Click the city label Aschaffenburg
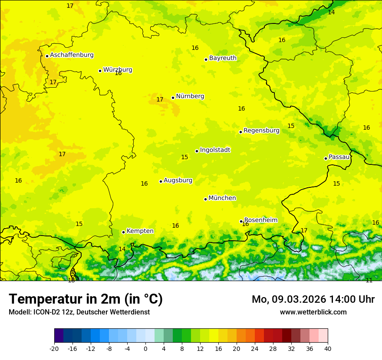(x=72, y=55)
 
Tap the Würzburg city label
(x=118, y=70)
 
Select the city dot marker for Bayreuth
(x=206, y=59)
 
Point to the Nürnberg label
(x=190, y=96)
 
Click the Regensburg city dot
(x=240, y=132)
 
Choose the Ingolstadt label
(x=215, y=150)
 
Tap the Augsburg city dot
(x=161, y=181)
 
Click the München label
(x=222, y=198)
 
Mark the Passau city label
(x=339, y=157)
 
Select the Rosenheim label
(x=260, y=220)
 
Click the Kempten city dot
(x=123, y=232)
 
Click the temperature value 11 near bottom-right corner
(x=369, y=281)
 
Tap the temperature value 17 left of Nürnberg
(x=160, y=100)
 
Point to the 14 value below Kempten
(x=122, y=249)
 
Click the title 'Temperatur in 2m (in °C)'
(x=86, y=299)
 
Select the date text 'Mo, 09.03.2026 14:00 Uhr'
(x=313, y=299)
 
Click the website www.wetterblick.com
(x=313, y=312)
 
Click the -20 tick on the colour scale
(x=54, y=348)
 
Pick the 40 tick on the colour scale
(x=328, y=348)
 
